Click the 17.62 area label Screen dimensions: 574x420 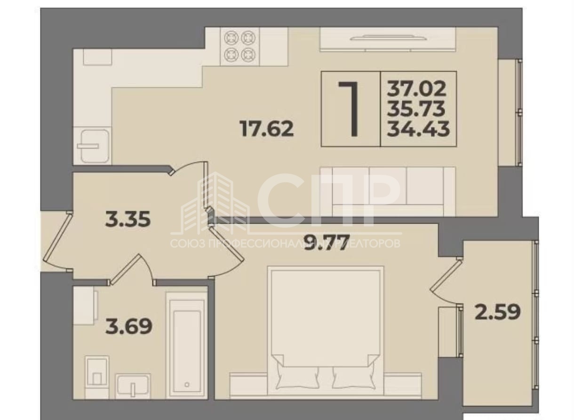click(266, 128)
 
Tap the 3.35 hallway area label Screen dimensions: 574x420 click(128, 219)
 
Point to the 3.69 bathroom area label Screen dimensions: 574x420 click(128, 327)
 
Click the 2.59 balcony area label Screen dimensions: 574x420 click(498, 312)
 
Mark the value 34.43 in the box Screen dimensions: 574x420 click(418, 129)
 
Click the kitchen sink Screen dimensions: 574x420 click(92, 146)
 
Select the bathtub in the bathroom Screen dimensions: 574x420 click(186, 350)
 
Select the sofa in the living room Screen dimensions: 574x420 click(388, 192)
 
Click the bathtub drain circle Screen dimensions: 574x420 click(187, 392)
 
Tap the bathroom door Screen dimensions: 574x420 click(131, 270)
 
